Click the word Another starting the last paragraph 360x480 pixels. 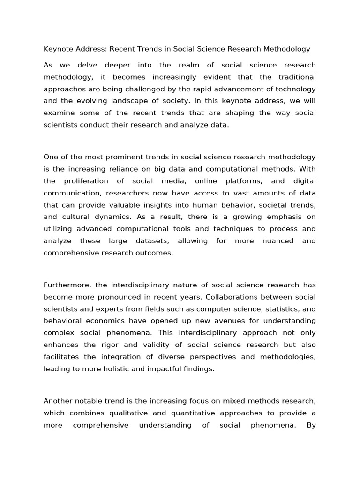pos(58,401)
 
